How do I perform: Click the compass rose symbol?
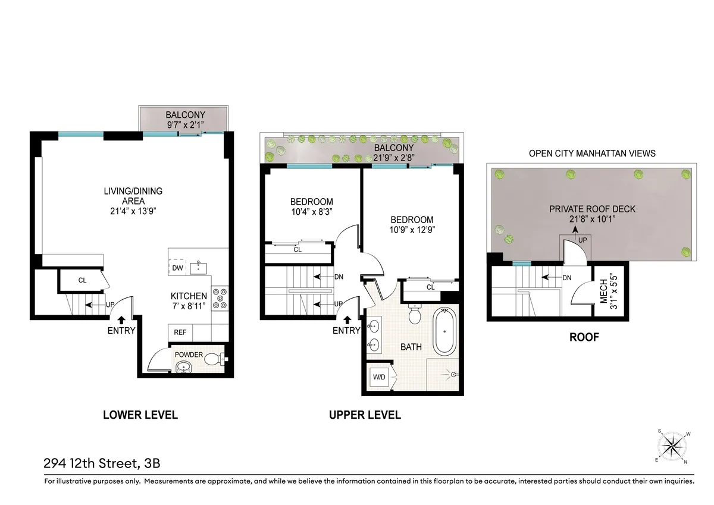tap(674, 445)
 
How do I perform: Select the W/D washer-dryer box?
tap(378, 377)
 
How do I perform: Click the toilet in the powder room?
tap(215, 359)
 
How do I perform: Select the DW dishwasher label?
tap(177, 268)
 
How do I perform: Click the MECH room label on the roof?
tap(605, 293)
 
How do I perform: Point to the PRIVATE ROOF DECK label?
tap(592, 209)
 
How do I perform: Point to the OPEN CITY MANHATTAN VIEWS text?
tap(592, 153)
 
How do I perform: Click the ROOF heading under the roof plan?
tap(584, 337)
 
